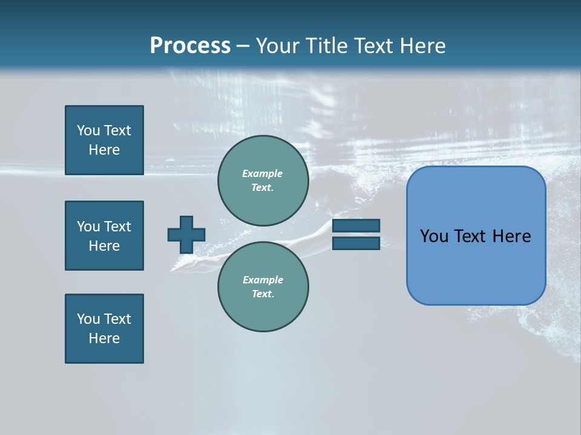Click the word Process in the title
[190, 46]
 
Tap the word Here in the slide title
[421, 46]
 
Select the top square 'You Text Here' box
[104, 140]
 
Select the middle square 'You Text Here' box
[104, 236]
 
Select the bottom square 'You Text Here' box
[104, 329]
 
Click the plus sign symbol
[186, 234]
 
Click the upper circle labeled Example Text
[263, 181]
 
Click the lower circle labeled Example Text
[263, 286]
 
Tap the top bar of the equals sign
[356, 225]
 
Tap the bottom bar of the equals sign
[356, 243]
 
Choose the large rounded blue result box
[476, 266]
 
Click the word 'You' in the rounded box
[434, 236]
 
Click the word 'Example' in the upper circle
[263, 173]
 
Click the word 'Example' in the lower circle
[263, 280]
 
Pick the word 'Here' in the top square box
[104, 150]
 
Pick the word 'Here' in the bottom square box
[104, 338]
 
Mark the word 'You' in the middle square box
[88, 227]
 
